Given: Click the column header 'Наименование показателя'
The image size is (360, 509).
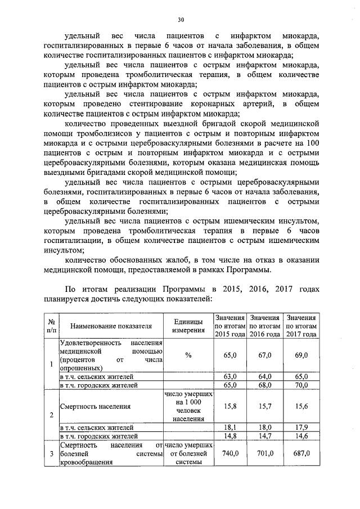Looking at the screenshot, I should pos(111,326).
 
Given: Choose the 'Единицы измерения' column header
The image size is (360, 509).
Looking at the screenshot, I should pos(188,325).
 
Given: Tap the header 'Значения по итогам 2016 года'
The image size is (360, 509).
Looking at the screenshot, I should pos(265,326).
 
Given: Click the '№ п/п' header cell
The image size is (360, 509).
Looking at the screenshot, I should pos(51,326).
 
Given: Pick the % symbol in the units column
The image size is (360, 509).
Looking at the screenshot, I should pos(188,355).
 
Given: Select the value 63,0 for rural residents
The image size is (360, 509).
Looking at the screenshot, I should pos(231,376).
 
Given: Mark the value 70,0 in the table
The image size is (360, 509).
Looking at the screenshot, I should pos(301,385).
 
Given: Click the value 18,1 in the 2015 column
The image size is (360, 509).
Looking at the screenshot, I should pos(231,427).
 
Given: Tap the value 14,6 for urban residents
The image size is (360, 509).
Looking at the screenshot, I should pos(301,435).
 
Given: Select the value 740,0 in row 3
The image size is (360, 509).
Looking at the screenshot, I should pos(231,453).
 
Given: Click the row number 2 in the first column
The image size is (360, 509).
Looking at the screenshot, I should pos(51,415).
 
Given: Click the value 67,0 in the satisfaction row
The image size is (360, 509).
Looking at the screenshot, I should pos(265,355).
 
